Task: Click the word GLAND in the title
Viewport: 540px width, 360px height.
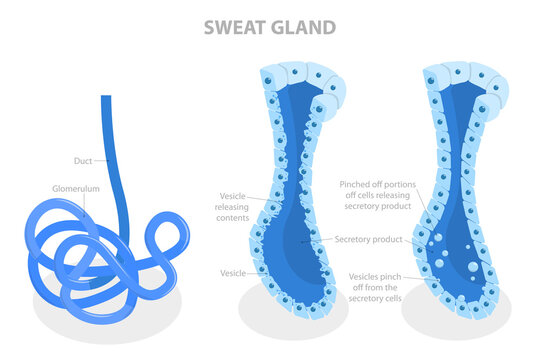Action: pyautogui.click(x=304, y=27)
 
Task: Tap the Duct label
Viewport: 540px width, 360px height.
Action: pyautogui.click(x=83, y=160)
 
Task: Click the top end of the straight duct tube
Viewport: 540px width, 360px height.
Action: pyautogui.click(x=105, y=99)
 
